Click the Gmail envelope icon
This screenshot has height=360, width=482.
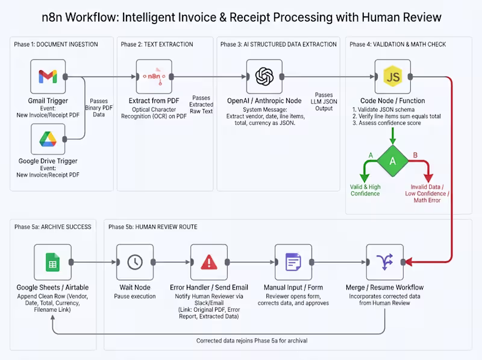click(x=48, y=77)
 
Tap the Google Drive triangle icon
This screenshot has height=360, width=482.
click(x=48, y=139)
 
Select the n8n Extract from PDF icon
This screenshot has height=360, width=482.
click(x=154, y=77)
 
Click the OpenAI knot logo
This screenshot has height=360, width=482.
click(x=264, y=77)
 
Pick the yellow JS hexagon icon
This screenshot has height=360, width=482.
click(x=393, y=77)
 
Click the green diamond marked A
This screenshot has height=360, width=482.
click(x=393, y=161)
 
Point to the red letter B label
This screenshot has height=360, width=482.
click(x=415, y=155)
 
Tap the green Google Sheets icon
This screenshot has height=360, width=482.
click(x=52, y=262)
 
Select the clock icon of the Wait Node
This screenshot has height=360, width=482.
click(x=135, y=262)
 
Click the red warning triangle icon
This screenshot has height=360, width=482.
click(x=209, y=262)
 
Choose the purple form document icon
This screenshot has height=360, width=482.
click(x=293, y=262)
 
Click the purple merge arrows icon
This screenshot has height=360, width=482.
click(x=385, y=262)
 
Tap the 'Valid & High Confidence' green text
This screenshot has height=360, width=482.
click(x=365, y=190)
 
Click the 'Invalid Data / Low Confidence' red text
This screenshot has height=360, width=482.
click(x=427, y=190)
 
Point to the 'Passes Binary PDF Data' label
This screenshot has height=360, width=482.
click(x=99, y=108)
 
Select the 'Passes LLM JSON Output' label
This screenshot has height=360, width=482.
click(x=324, y=101)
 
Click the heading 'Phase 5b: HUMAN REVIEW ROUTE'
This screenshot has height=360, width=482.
click(x=153, y=227)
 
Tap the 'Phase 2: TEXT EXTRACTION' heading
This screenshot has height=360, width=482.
click(x=157, y=44)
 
